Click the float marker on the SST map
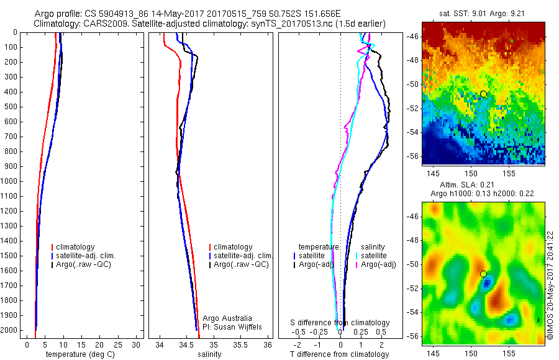[483, 94]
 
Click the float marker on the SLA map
[483, 274]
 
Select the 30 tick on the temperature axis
[137, 344]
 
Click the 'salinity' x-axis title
[209, 354]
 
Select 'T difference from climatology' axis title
[340, 354]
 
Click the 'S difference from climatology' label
[340, 323]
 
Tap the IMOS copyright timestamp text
[550, 283]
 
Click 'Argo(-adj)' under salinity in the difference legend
[378, 265]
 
